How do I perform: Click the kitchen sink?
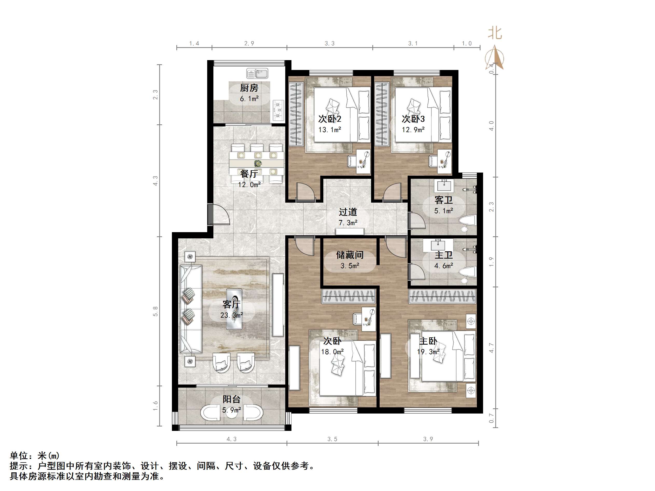(257, 73)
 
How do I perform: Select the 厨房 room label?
(249, 88)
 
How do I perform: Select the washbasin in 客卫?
(444, 186)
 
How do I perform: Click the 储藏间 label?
(350, 255)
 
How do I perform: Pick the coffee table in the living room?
(234, 309)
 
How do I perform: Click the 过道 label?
(348, 212)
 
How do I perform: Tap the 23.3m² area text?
(232, 315)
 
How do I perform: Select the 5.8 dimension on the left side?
(156, 311)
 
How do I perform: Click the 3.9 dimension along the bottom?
(428, 439)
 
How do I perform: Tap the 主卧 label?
(428, 341)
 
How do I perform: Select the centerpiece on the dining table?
(258, 163)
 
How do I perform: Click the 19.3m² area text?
(428, 352)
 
